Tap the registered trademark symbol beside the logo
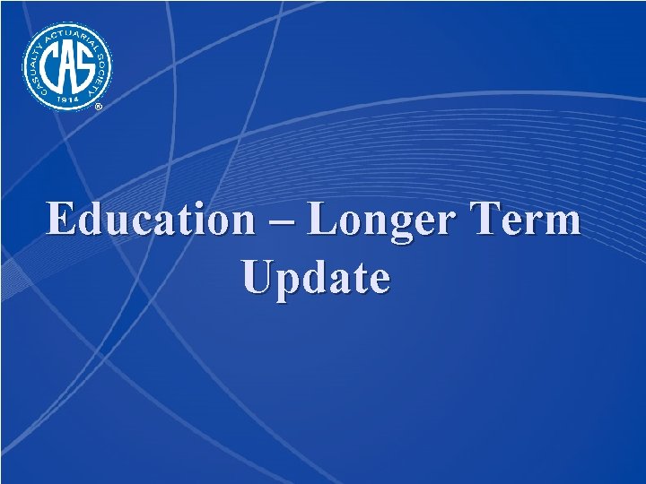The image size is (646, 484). (99, 107)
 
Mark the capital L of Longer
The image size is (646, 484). (324, 220)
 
